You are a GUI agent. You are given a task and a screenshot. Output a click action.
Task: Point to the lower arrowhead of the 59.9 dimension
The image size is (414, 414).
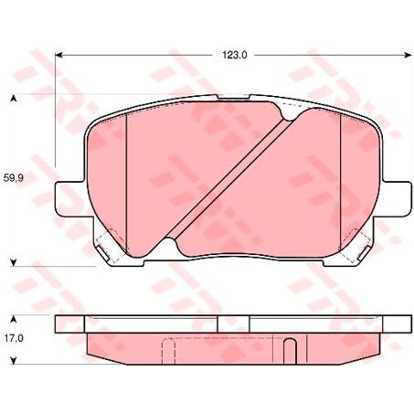point(13,264)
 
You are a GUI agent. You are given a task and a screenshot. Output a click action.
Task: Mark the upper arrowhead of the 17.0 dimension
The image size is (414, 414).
point(13,319)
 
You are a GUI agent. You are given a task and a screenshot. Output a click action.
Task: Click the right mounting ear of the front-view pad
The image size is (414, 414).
point(393,198)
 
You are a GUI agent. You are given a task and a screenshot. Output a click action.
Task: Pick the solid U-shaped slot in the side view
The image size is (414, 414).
point(289,351)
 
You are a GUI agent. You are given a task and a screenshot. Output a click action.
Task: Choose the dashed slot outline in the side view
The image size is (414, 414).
point(167,351)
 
